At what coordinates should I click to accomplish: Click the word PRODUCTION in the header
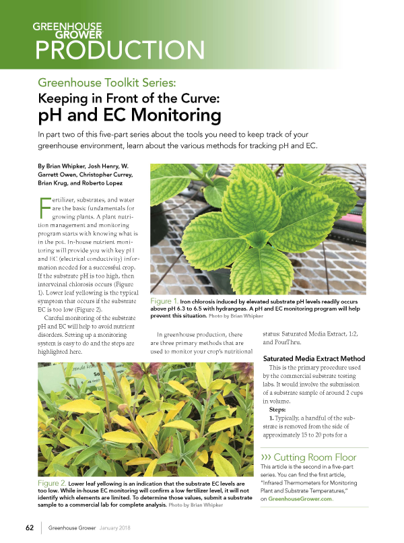coord(120,51)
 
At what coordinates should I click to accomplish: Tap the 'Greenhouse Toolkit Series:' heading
coord(107,83)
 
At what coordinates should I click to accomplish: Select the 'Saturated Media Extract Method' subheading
coord(314,358)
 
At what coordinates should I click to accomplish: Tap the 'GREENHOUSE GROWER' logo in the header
coord(67,30)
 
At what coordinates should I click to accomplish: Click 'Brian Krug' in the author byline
coord(48,183)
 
